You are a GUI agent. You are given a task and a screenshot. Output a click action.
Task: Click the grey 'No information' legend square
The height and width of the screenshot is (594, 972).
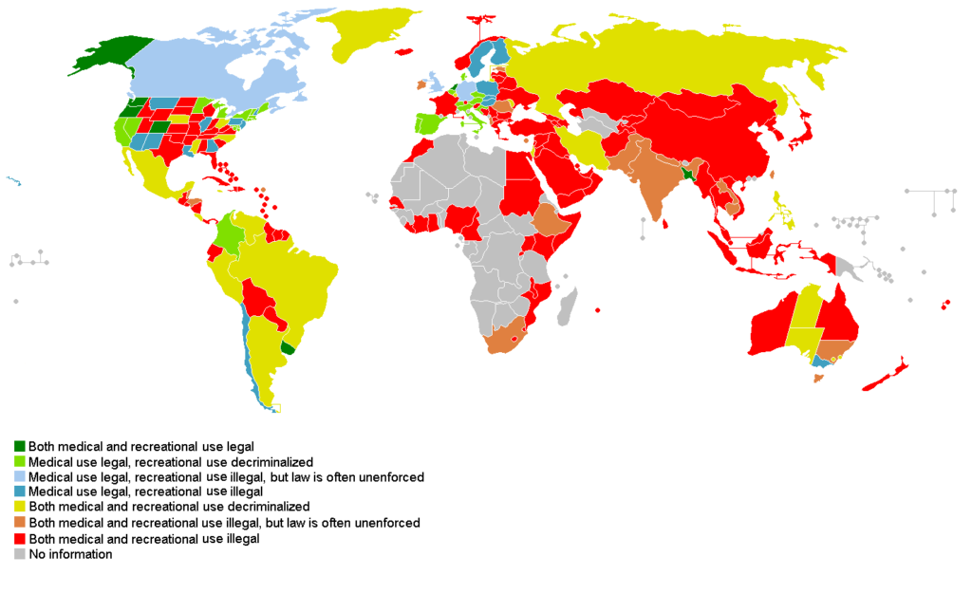pyautogui.click(x=19, y=554)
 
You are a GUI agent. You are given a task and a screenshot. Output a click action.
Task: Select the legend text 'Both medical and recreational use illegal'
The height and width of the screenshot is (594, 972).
pyautogui.click(x=143, y=538)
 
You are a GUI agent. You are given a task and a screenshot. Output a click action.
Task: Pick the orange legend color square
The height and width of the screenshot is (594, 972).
pyautogui.click(x=19, y=523)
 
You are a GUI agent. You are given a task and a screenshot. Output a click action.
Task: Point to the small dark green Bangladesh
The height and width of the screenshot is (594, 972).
pyautogui.click(x=686, y=175)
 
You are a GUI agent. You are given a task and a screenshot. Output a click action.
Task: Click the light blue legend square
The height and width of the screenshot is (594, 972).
pyautogui.click(x=19, y=476)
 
